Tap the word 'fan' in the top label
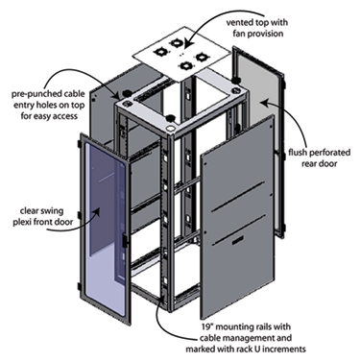[x=239, y=34]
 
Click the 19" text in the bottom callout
[x=206, y=326]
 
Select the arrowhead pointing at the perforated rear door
[x=263, y=103]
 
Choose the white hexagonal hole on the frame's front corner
[x=170, y=129]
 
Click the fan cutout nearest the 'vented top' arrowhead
[x=176, y=43]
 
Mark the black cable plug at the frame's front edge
[x=169, y=118]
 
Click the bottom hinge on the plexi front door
[x=79, y=287]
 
